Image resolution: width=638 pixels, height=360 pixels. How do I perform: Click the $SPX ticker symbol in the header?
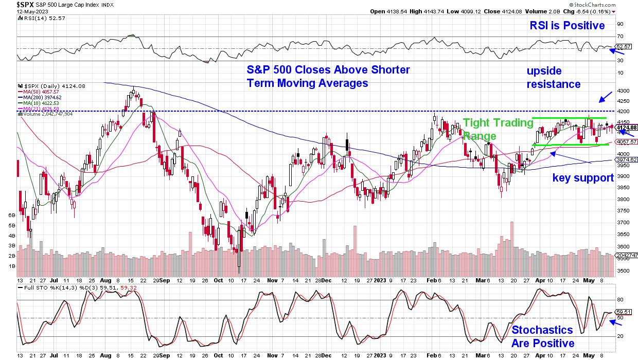click(10, 4)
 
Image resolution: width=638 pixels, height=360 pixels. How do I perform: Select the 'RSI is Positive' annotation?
click(567, 26)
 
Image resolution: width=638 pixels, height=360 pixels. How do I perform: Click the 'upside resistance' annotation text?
click(554, 77)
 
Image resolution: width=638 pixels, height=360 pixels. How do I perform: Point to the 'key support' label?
click(583, 178)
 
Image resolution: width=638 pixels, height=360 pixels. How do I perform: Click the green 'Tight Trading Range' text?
click(498, 129)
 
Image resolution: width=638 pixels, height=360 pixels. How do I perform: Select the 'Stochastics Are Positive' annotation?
click(542, 336)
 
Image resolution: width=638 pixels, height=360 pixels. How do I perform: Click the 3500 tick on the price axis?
click(623, 271)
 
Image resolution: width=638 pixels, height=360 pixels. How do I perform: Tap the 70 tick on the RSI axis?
click(620, 37)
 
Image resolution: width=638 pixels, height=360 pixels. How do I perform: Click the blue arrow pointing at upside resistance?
click(605, 96)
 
